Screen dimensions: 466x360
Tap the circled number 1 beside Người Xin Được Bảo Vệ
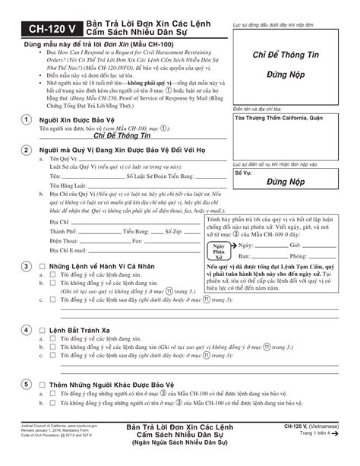tap(27, 120)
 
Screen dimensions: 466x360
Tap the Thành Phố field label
tap(63, 230)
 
